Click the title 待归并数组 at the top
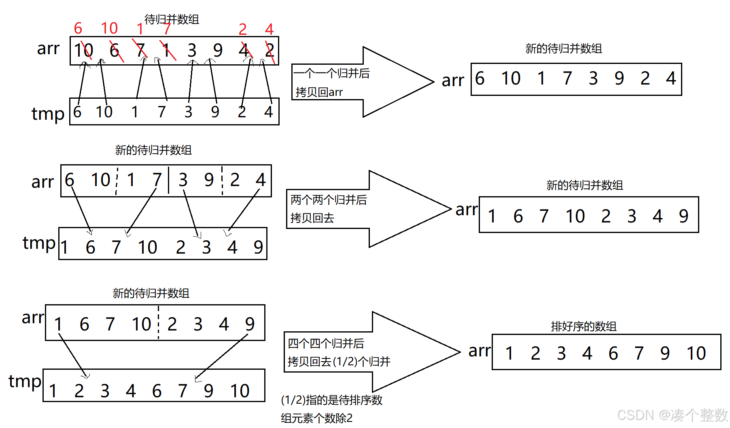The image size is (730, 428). point(172,19)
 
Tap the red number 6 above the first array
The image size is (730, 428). point(78,28)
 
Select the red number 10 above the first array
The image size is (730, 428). point(109,28)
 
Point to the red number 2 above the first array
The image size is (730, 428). point(242,29)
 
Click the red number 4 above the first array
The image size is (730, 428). point(269,29)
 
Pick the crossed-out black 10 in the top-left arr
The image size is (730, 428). point(83,51)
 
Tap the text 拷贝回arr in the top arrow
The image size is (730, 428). point(319,92)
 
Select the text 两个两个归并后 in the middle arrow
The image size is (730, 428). point(329,200)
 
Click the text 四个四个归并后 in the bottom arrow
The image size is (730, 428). point(326,343)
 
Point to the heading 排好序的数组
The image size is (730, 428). point(584,326)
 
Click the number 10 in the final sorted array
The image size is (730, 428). point(696,354)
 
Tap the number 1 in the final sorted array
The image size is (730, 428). point(509,354)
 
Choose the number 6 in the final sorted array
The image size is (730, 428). point(613,354)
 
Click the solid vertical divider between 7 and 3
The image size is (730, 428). point(169,180)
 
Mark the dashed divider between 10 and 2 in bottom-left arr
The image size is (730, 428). point(158,323)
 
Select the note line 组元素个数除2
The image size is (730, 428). point(316,418)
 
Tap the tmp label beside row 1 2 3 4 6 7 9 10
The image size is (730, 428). point(25,381)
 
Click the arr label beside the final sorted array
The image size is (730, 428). point(480,351)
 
